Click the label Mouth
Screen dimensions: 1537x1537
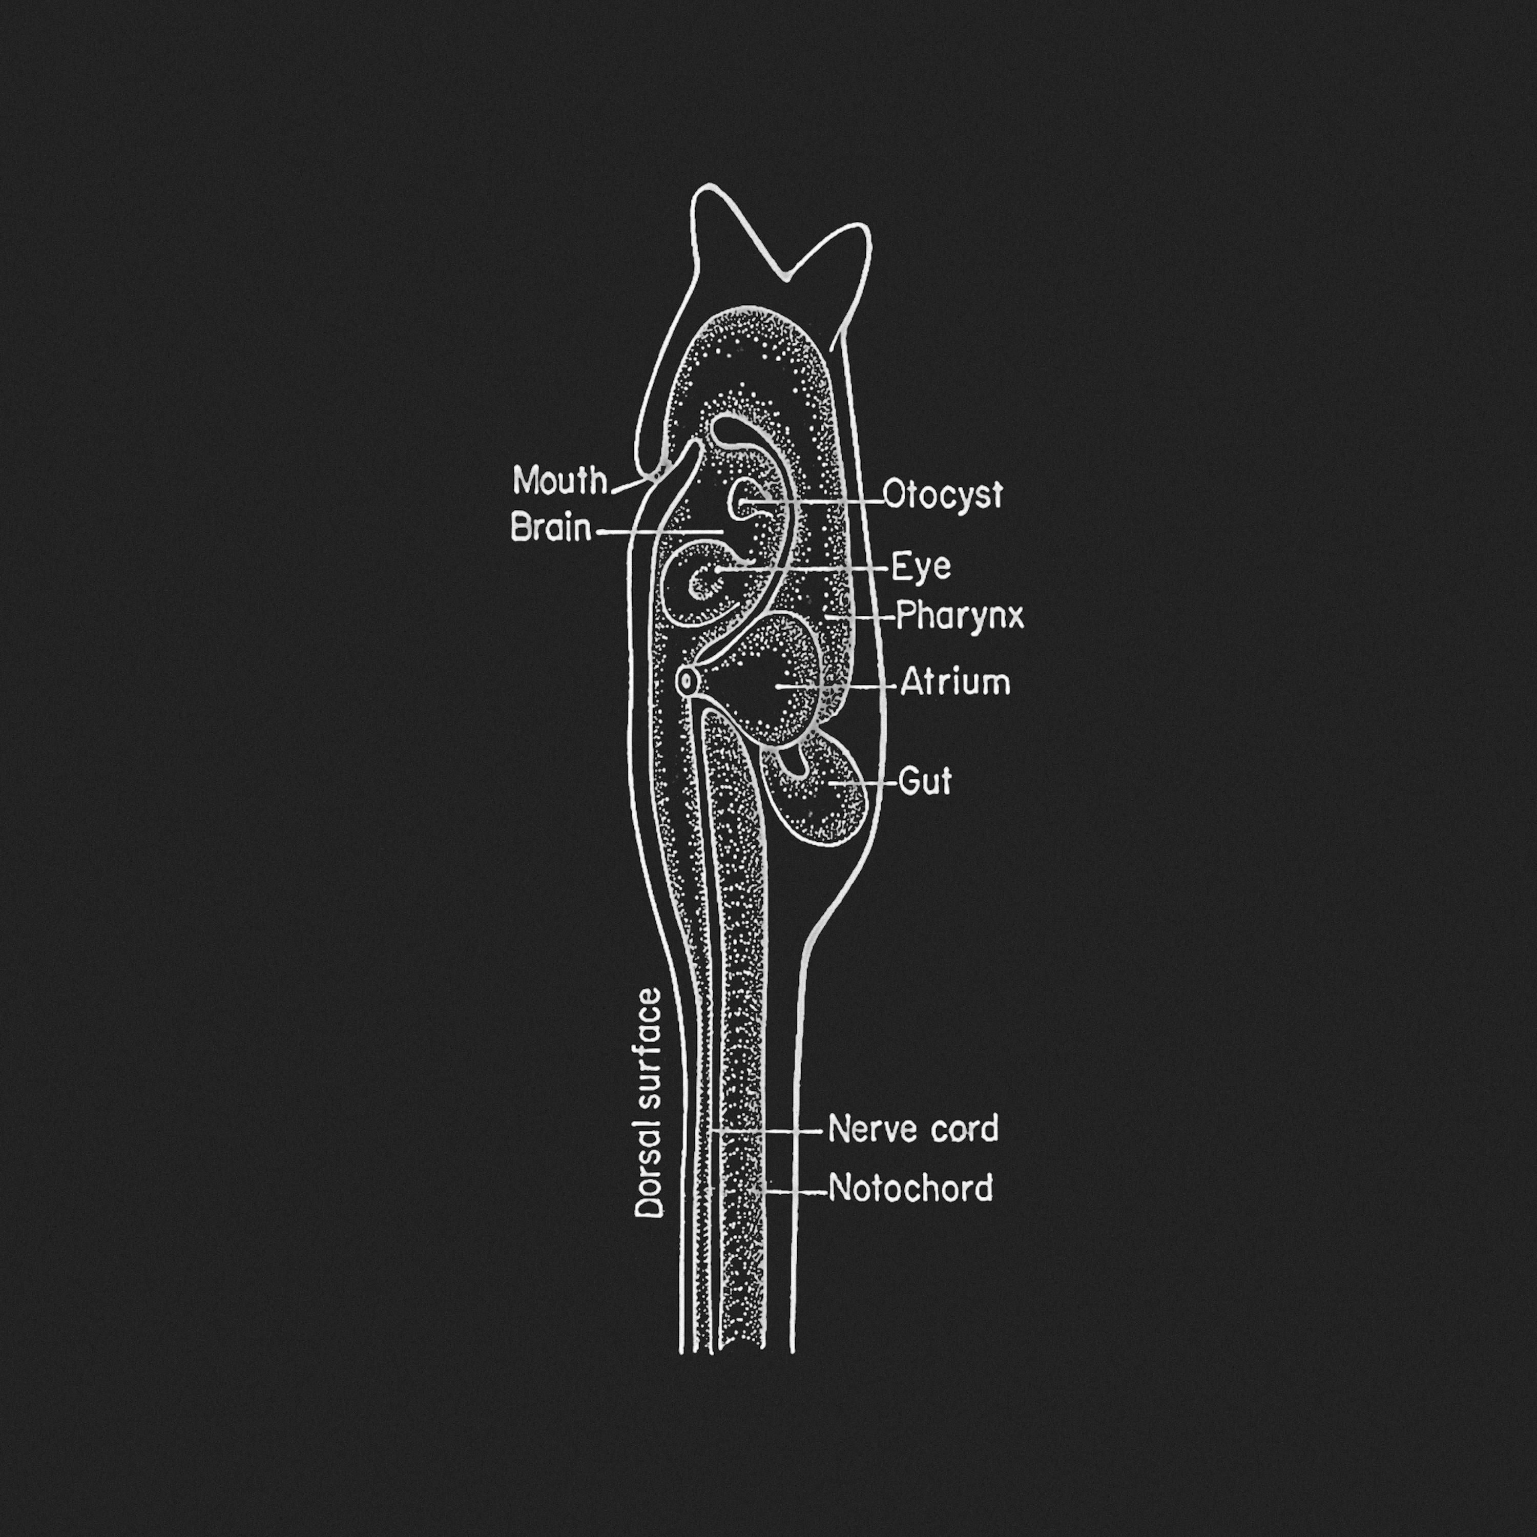point(560,481)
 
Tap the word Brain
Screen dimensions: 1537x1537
point(551,528)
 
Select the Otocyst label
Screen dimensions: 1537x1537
point(943,495)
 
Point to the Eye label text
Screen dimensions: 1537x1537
point(921,567)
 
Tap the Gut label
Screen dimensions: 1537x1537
point(925,781)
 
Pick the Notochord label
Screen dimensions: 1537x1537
point(911,1189)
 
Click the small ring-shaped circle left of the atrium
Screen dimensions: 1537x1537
point(686,681)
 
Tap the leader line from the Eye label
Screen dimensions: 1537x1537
point(803,569)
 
